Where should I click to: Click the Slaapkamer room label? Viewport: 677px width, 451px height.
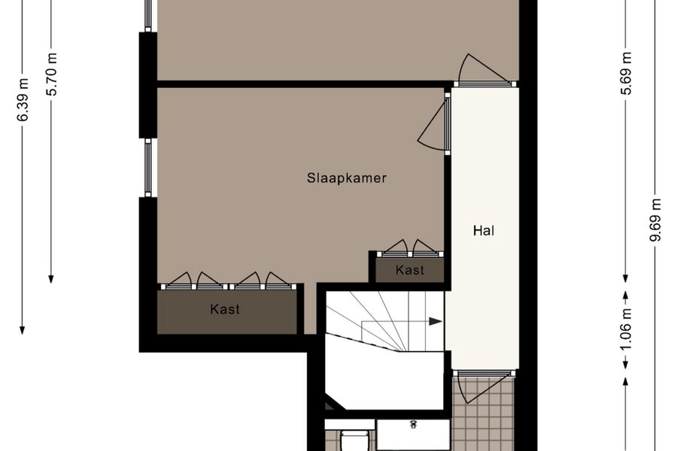tap(346, 178)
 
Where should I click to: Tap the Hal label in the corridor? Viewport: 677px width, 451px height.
tap(484, 231)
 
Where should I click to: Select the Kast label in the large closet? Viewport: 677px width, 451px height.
tap(225, 310)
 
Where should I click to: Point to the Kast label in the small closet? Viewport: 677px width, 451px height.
tap(410, 270)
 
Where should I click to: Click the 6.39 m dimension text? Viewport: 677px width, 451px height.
tap(23, 100)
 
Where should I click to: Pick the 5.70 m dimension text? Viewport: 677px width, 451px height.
tap(52, 74)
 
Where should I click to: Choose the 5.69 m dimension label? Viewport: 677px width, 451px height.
tap(627, 74)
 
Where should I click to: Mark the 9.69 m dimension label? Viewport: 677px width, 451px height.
tap(656, 220)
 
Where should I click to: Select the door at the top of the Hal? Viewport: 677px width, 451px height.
tap(484, 71)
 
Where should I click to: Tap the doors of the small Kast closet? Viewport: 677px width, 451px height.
tap(410, 249)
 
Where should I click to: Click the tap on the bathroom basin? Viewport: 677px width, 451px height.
tap(413, 424)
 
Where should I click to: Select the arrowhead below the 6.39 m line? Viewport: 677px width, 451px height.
tap(22, 330)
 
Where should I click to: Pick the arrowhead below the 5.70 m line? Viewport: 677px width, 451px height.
tap(51, 279)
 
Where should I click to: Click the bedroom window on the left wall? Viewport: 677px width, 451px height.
tap(148, 168)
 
